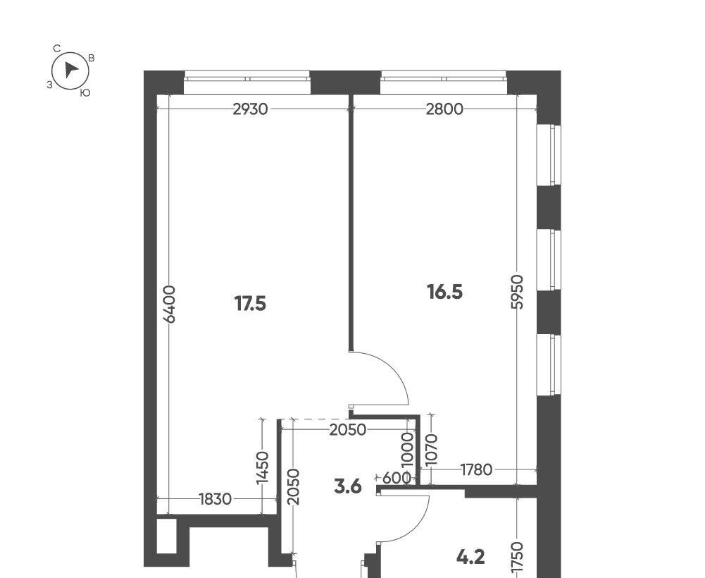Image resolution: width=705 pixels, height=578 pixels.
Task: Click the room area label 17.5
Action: [251, 305]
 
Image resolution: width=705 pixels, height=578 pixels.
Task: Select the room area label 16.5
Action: [444, 293]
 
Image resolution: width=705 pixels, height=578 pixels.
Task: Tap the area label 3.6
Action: [348, 486]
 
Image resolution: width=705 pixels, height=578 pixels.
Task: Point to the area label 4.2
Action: [470, 558]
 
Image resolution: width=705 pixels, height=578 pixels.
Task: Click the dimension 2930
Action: [251, 109]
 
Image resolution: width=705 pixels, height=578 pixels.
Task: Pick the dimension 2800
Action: [444, 109]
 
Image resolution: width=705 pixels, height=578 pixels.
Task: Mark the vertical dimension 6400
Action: [170, 305]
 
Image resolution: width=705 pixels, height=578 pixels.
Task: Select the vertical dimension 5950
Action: [518, 292]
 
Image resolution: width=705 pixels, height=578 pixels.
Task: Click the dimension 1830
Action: [215, 499]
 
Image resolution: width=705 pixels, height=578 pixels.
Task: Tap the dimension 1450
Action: [262, 468]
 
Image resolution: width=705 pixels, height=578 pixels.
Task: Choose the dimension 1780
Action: [477, 470]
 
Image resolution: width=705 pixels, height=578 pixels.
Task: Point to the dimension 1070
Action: [431, 450]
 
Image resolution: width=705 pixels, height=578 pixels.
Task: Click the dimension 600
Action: [397, 478]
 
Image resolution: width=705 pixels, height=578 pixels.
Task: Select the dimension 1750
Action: [518, 558]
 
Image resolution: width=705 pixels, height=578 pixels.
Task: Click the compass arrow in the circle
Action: [70, 70]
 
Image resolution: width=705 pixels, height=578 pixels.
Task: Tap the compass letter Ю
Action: [85, 93]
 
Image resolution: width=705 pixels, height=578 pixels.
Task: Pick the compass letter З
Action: [49, 85]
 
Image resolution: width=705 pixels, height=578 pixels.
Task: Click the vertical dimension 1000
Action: [407, 452]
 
